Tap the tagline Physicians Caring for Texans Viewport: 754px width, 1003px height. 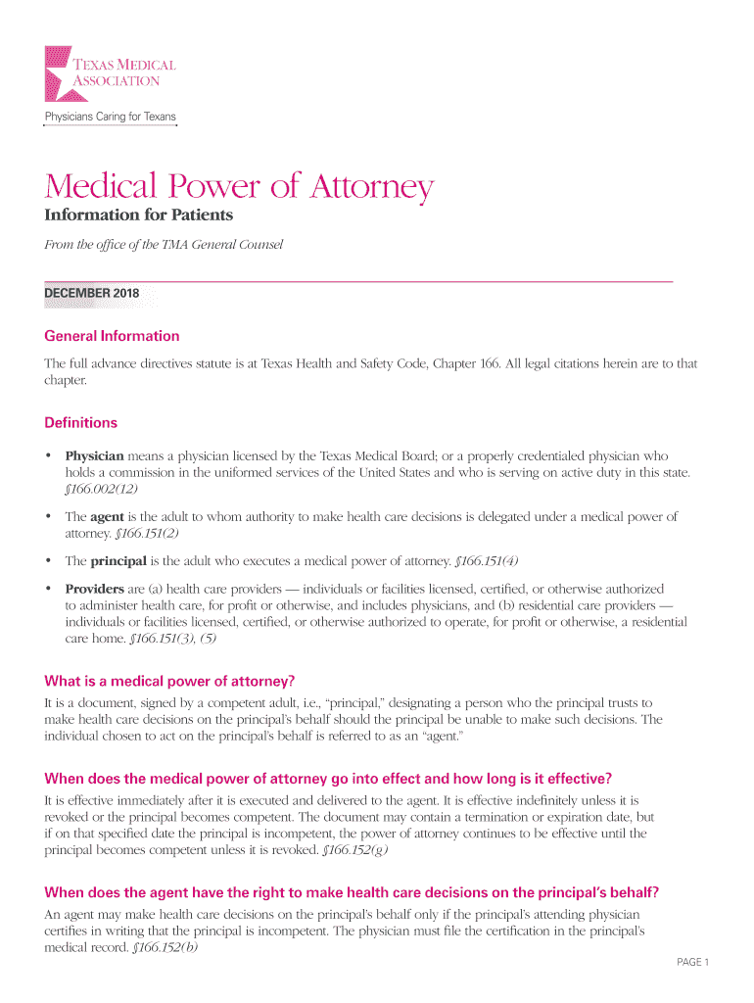pyautogui.click(x=110, y=118)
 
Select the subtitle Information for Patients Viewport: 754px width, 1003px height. pyautogui.click(x=138, y=215)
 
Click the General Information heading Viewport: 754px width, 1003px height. pyautogui.click(x=112, y=336)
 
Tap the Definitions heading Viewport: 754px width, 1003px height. pyautogui.click(x=80, y=423)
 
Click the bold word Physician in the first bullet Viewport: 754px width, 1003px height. pyautogui.click(x=94, y=456)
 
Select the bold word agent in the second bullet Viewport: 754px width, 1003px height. pyautogui.click(x=106, y=516)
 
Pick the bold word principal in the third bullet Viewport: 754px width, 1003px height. pyautogui.click(x=118, y=561)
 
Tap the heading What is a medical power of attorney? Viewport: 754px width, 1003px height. pyautogui.click(x=169, y=682)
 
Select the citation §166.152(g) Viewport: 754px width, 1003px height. pyautogui.click(x=355, y=850)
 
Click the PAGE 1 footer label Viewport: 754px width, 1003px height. pyautogui.click(x=692, y=963)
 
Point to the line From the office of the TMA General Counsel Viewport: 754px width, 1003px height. pyautogui.click(x=164, y=245)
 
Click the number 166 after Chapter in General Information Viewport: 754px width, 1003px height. pyautogui.click(x=489, y=364)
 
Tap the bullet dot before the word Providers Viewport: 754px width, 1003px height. pyautogui.click(x=48, y=590)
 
